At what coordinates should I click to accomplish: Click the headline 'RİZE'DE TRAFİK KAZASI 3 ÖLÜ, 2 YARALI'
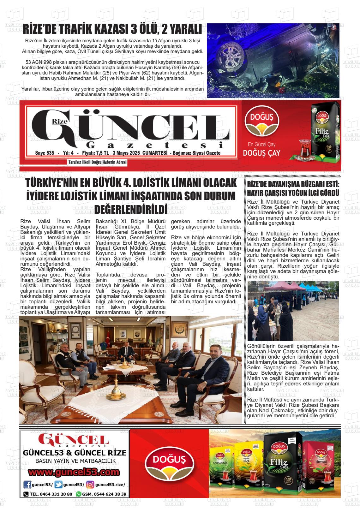click(112, 30)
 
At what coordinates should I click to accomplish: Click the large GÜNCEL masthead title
click(131, 126)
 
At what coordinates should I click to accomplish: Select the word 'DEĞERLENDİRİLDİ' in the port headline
click(131, 209)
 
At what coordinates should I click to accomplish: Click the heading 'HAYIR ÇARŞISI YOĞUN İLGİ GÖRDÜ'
click(293, 193)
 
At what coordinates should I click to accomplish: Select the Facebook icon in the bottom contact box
click(28, 485)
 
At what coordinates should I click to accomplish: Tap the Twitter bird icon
click(58, 485)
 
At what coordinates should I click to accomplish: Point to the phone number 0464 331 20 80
click(51, 494)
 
